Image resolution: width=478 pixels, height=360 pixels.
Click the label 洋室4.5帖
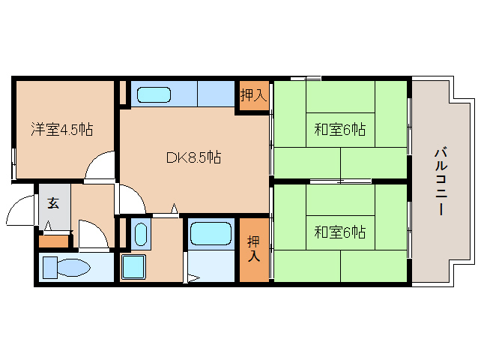pyautogui.click(x=61, y=130)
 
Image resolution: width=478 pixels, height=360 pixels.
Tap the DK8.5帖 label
pyautogui.click(x=193, y=157)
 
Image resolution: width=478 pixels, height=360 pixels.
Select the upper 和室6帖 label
pyautogui.click(x=339, y=130)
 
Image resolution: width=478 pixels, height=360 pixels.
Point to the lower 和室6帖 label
pyautogui.click(x=339, y=232)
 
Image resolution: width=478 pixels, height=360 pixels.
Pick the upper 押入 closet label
pyautogui.click(x=253, y=95)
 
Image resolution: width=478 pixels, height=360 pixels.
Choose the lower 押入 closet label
pyautogui.click(x=253, y=248)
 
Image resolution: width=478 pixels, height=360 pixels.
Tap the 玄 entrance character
pyautogui.click(x=54, y=202)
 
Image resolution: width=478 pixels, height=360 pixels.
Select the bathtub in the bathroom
pyautogui.click(x=211, y=232)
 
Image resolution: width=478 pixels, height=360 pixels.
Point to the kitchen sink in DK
pyautogui.click(x=154, y=95)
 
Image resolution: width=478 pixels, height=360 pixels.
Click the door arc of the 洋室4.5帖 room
pyautogui.click(x=99, y=167)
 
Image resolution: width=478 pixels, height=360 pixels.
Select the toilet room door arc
pyautogui.click(x=92, y=234)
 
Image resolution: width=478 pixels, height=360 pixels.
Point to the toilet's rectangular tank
pyautogui.click(x=49, y=268)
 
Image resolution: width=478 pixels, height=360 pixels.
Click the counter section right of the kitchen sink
pyautogui.click(x=216, y=95)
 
